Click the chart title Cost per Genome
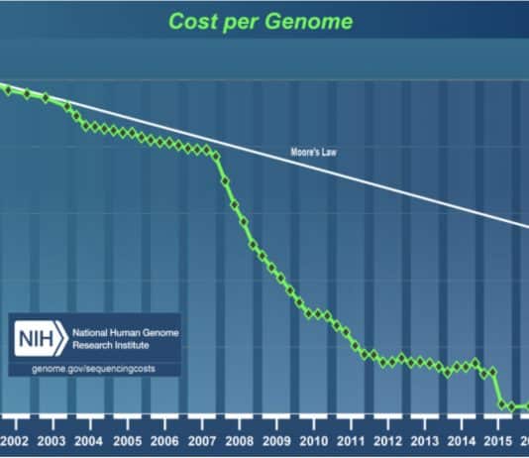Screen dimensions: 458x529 (264, 21)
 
